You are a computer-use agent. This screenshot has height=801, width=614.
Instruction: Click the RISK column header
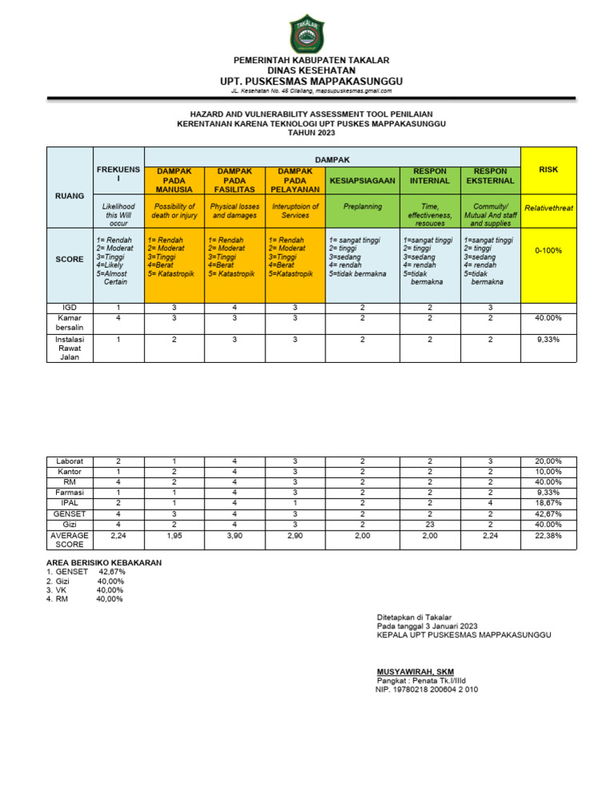pyautogui.click(x=548, y=169)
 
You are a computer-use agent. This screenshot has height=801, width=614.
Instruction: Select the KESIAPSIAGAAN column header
pyautogui.click(x=362, y=181)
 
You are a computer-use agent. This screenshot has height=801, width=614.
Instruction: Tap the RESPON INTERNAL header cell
pyautogui.click(x=429, y=176)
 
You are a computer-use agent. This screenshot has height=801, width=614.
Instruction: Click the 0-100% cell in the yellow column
pyautogui.click(x=548, y=250)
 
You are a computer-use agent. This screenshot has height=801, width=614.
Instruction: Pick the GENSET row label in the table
pyautogui.click(x=70, y=513)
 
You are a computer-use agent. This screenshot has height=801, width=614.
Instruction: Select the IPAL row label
pyautogui.click(x=70, y=503)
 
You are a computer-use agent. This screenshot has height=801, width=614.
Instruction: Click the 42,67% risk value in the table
pyautogui.click(x=548, y=513)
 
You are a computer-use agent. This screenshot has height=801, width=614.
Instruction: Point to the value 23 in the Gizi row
pyautogui.click(x=429, y=524)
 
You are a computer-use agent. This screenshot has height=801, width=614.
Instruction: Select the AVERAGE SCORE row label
pyautogui.click(x=70, y=539)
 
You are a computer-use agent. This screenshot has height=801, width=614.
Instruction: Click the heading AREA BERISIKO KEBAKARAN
pyautogui.click(x=105, y=563)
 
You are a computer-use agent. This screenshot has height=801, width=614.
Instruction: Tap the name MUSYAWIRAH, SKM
pyautogui.click(x=416, y=671)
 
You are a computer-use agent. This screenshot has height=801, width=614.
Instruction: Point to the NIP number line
pyautogui.click(x=427, y=689)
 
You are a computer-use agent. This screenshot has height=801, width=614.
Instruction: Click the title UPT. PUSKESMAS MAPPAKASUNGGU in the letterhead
pyautogui.click(x=312, y=82)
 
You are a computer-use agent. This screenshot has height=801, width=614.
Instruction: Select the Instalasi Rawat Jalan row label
pyautogui.click(x=70, y=348)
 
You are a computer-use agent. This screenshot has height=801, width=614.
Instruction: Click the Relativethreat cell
pyautogui.click(x=548, y=208)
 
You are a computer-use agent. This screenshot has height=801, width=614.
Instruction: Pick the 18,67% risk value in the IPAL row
pyautogui.click(x=548, y=503)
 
